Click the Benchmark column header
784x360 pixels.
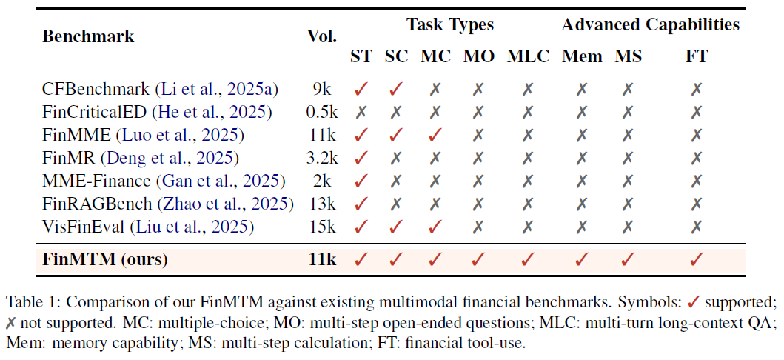click(88, 36)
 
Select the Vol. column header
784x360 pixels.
click(321, 36)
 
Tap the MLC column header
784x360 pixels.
click(528, 56)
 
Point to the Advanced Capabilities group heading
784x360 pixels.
click(649, 24)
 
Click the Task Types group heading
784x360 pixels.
click(449, 24)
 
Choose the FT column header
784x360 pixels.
click(697, 56)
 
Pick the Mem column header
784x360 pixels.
click(582, 56)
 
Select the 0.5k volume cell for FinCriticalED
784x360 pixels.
click(321, 112)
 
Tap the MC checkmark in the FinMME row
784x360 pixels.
click(435, 135)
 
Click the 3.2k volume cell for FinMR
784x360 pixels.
click(321, 158)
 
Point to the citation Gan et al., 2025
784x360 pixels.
click(221, 181)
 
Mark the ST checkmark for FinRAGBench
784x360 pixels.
click(361, 204)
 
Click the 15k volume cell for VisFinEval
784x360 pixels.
click(321, 227)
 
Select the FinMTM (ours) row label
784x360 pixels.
click(104, 259)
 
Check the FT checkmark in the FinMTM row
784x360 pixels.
click(697, 259)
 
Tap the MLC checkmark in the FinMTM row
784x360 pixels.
click(528, 259)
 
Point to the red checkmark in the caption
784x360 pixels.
click(694, 302)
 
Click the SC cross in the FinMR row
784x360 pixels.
click(396, 158)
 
